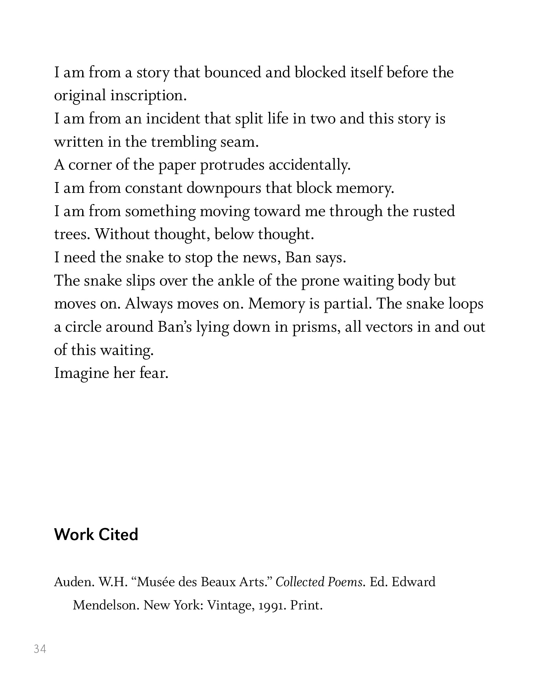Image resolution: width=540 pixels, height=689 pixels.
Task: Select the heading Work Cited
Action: coord(96,535)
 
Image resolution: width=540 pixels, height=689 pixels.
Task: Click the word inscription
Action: coord(148,96)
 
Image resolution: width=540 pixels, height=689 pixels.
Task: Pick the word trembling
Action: coord(183,142)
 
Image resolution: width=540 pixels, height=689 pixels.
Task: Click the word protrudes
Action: coord(232,165)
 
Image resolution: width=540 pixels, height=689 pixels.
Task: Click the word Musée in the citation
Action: coord(154,582)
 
